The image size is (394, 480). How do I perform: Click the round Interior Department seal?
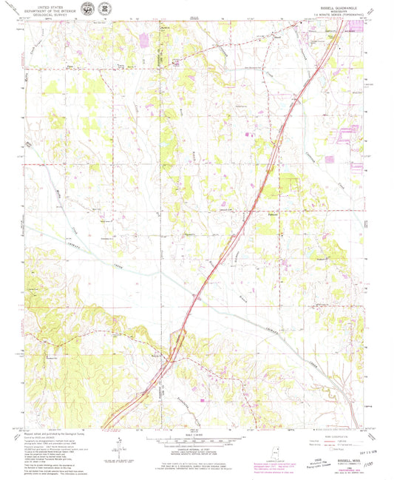89,9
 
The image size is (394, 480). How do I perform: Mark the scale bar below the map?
196,439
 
